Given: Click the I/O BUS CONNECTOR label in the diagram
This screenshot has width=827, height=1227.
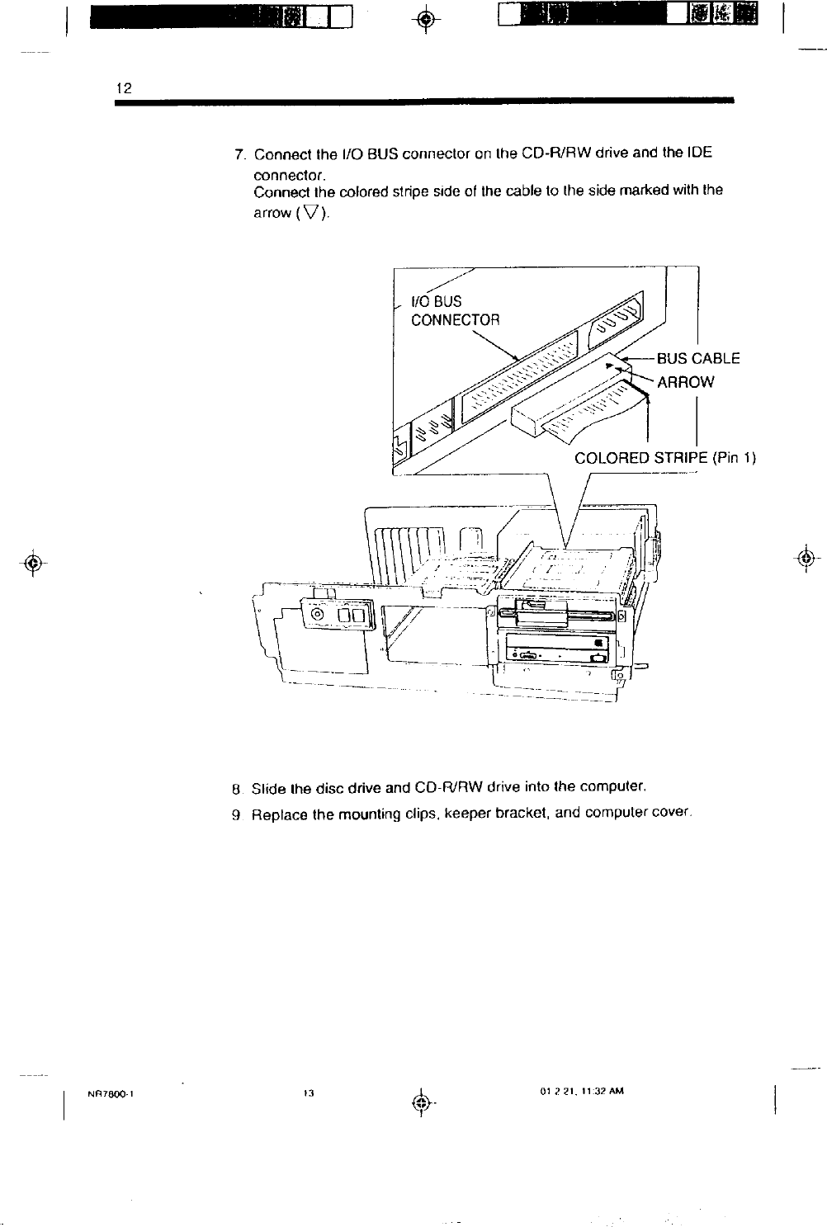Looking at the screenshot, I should point(456,310).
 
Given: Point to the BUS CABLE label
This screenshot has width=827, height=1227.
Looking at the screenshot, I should point(698,358).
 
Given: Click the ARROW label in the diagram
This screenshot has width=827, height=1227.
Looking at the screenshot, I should point(685,382).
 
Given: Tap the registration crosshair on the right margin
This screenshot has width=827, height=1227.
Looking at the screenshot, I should point(809,555).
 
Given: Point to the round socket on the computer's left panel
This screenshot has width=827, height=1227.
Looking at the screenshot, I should point(316,615).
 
